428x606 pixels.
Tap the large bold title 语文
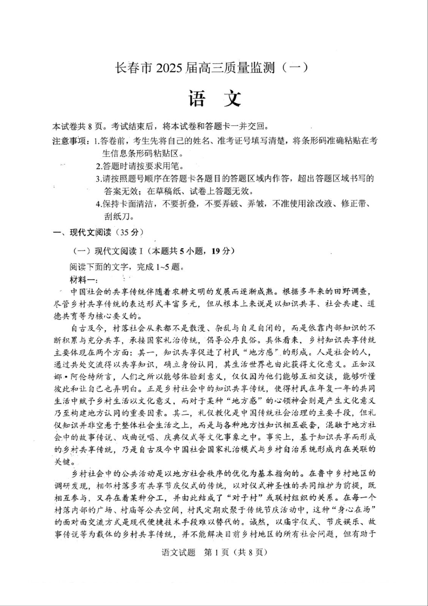coord(214,99)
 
